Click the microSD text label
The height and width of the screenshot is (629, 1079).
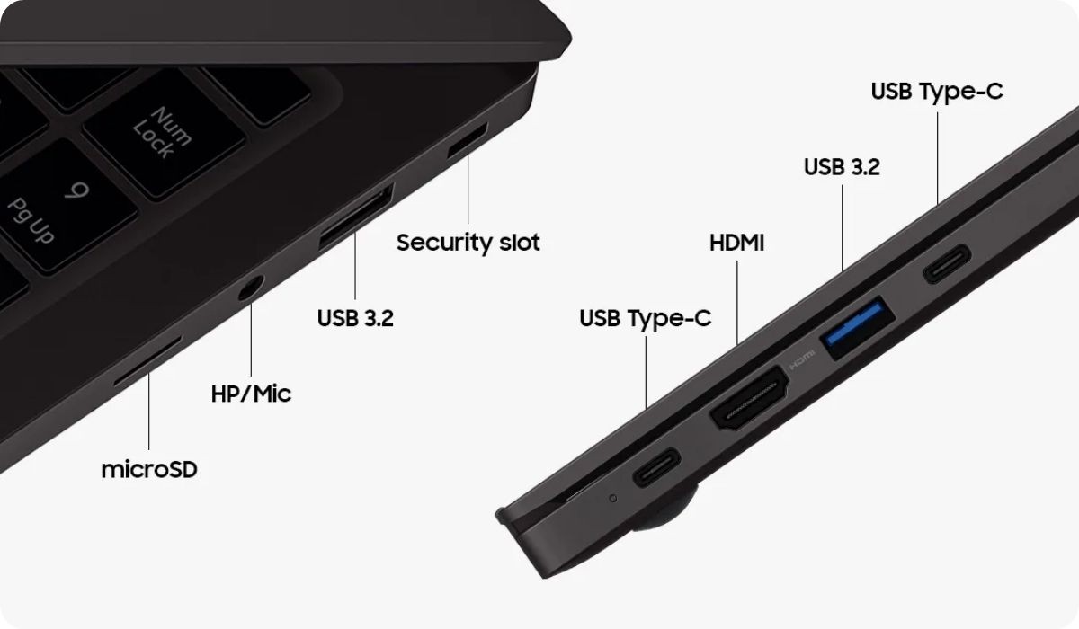pos(149,469)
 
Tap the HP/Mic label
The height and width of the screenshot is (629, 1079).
pos(251,394)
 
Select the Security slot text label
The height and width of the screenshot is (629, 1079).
pos(468,242)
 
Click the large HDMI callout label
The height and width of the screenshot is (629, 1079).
pos(737,243)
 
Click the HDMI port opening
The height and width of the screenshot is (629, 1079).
pos(750,397)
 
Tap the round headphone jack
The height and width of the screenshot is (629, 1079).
pos(251,288)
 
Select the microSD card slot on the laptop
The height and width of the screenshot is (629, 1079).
pos(147,360)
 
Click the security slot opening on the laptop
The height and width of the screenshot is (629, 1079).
pos(468,140)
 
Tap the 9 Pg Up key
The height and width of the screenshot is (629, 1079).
pos(67,207)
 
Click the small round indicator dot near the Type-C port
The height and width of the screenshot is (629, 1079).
pos(612,498)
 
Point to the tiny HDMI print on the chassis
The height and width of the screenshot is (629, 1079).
pos(801,360)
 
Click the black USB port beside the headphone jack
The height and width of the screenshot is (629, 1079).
pos(356,216)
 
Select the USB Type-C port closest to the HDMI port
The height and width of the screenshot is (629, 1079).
pos(656,467)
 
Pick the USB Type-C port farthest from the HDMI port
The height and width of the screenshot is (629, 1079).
pos(947,264)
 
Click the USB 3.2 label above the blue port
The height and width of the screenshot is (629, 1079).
pos(842,167)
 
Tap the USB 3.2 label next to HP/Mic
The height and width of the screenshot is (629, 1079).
pos(355,318)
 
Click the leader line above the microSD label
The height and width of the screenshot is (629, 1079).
pos(149,412)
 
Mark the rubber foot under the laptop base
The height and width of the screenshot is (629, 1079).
pos(665,511)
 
